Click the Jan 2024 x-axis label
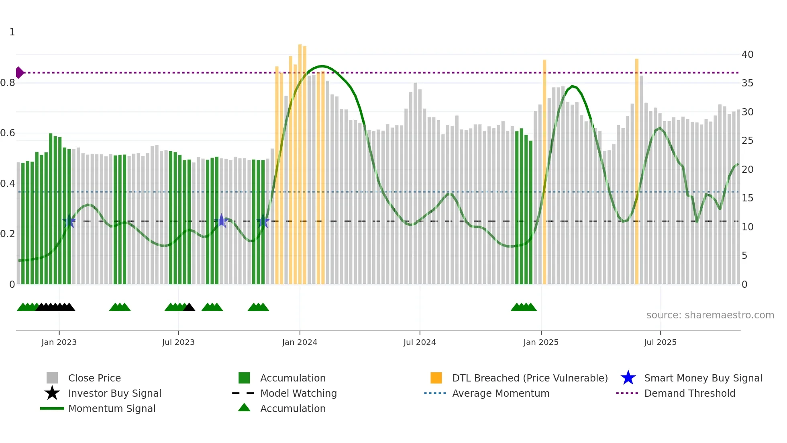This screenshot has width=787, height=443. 300,343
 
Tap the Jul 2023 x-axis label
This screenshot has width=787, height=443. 178,343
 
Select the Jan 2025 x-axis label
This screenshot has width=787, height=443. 541,343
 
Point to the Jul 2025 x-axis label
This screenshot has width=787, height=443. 660,343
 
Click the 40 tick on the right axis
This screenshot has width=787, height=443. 747,55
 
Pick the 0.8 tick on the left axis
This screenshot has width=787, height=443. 8,83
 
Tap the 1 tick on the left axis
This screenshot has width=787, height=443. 12,32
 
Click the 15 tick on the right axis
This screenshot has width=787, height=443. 747,198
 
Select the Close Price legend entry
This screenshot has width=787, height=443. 94,378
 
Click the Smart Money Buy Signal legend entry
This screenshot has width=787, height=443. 703,378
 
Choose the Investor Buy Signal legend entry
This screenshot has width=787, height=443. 114,394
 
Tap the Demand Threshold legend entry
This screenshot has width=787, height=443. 689,394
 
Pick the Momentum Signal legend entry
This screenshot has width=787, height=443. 112,409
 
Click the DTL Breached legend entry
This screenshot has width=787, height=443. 530,378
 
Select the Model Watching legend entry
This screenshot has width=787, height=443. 298,394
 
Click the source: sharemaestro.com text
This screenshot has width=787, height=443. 710,315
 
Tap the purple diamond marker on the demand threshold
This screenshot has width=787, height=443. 19,73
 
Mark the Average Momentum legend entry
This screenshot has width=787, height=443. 501,394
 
